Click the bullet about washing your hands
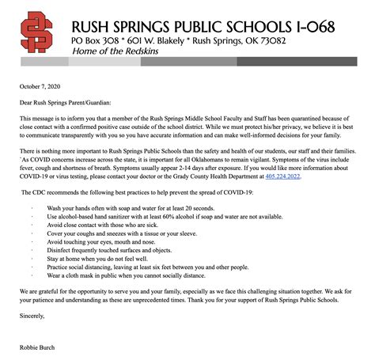click(x=134, y=207)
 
